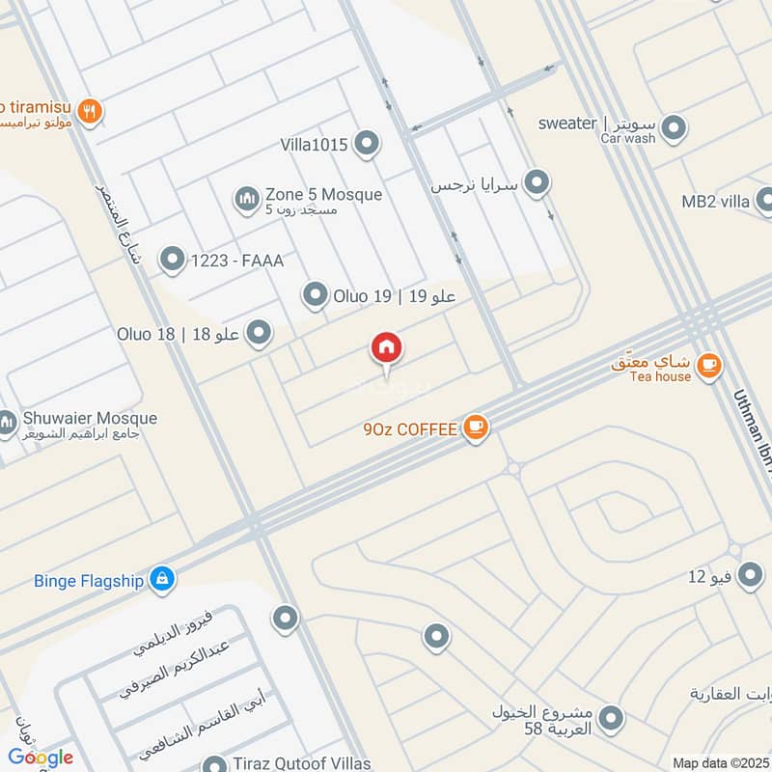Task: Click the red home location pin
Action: point(387,348)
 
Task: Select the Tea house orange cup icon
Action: point(709,365)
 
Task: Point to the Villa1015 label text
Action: point(314,146)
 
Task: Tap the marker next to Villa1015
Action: point(366,145)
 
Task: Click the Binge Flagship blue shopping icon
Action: point(162,578)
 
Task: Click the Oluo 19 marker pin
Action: point(315,296)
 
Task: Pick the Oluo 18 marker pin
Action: point(258,334)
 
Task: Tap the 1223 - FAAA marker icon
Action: point(172,259)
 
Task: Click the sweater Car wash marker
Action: point(673,127)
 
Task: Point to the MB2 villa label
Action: point(715,202)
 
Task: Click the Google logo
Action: point(41,758)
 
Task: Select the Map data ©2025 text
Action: point(719,762)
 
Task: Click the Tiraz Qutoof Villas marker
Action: point(214,763)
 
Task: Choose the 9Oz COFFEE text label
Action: point(409,429)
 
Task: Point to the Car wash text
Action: point(627,139)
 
